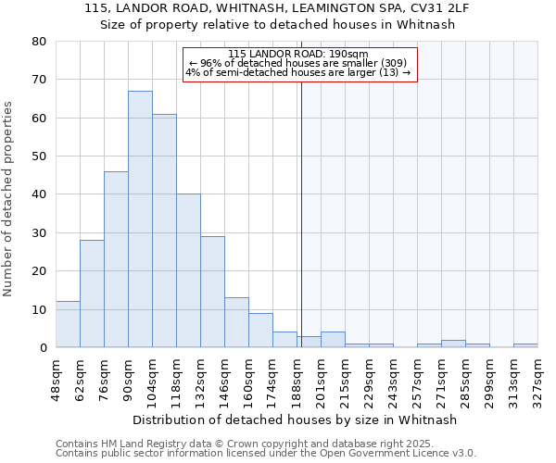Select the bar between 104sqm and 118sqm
[x=164, y=231]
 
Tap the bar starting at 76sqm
[x=116, y=259]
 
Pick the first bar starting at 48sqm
[x=68, y=324]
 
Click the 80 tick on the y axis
[x=38, y=42]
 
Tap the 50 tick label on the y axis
[x=38, y=156]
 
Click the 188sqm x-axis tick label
[x=297, y=378]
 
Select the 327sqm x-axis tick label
[x=537, y=378]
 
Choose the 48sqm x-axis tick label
[x=56, y=378]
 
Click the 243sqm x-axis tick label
[x=393, y=378]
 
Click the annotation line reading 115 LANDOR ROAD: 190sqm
[x=297, y=54]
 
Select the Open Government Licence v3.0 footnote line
[x=266, y=454]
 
